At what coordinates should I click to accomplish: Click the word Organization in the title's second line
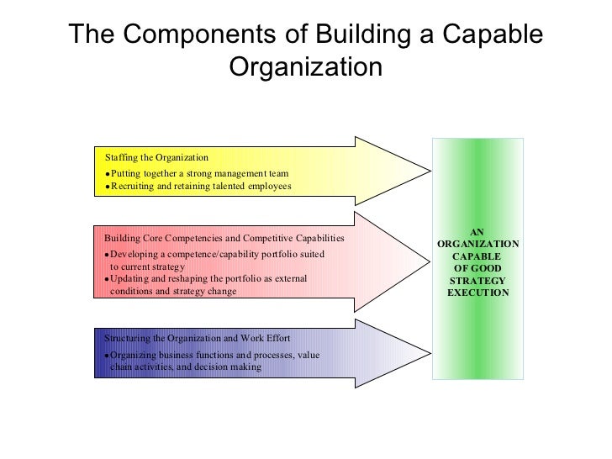pos(305,66)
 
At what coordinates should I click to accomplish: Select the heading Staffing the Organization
pos(156,157)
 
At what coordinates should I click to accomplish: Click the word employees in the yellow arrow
pos(266,187)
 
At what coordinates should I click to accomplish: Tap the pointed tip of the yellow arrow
pos(428,170)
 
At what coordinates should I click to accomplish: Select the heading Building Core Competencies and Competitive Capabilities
pos(224,239)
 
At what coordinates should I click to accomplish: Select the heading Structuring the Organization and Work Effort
pos(198,338)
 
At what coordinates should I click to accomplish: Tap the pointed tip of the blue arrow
pos(428,352)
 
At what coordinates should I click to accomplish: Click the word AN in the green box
pos(477,231)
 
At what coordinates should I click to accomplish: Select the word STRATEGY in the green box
pos(477,280)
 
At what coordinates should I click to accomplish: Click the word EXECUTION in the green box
pos(477,293)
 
